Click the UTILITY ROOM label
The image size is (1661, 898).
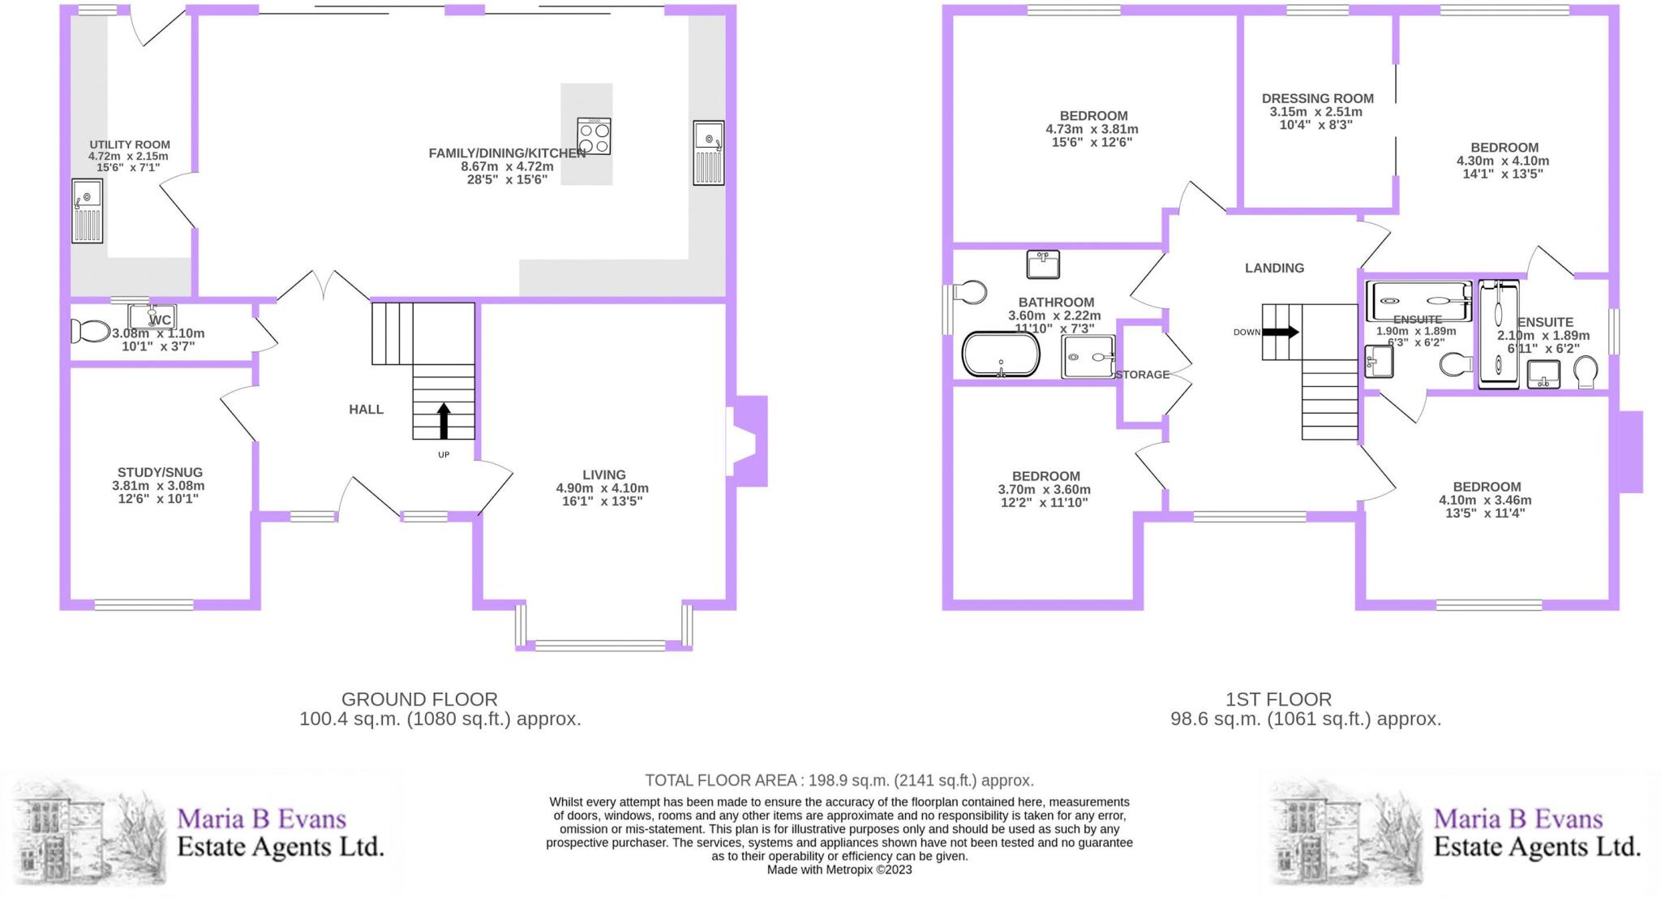129,145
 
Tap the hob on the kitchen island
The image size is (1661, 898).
594,136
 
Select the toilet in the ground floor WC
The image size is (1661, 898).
90,331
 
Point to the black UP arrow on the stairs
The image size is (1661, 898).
444,420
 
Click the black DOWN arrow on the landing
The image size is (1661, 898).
1281,332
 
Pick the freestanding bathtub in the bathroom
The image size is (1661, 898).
1001,354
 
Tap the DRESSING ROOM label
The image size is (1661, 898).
1317,99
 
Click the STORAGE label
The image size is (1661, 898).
1142,375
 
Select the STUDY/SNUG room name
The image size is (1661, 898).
160,472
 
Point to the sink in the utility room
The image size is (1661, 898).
88,210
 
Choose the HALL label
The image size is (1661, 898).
366,410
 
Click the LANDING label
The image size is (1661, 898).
1274,269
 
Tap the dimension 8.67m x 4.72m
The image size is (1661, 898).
507,166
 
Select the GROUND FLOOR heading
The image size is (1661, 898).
419,699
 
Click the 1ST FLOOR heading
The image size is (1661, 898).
1278,699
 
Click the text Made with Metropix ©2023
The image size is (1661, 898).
839,870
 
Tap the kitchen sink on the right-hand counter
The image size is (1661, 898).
709,153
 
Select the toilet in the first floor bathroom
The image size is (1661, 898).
969,292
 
